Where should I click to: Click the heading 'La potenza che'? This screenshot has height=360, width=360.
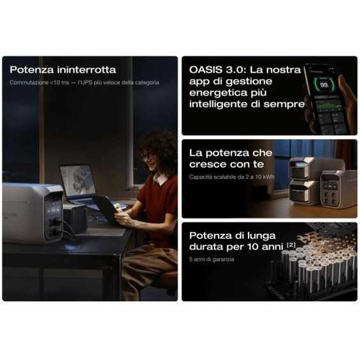point(231,153)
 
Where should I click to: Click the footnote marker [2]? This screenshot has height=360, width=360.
point(291,244)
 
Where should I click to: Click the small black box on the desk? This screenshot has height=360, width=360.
point(76,219)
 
